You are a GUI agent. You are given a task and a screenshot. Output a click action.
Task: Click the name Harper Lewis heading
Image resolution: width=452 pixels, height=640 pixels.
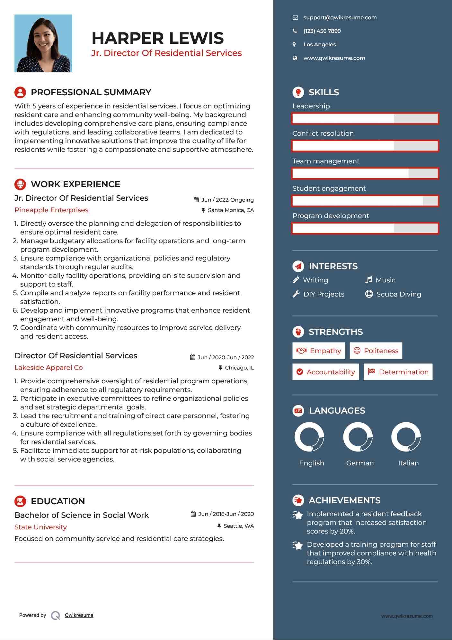(x=157, y=38)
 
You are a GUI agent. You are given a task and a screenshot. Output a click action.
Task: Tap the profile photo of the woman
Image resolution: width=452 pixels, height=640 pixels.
(x=43, y=43)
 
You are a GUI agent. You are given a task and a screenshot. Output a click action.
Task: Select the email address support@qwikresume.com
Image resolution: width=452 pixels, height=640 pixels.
(x=340, y=18)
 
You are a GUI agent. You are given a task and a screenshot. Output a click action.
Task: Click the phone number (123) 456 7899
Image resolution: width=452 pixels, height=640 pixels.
(x=322, y=31)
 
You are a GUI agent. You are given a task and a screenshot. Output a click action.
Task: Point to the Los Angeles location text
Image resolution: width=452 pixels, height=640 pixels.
(x=319, y=45)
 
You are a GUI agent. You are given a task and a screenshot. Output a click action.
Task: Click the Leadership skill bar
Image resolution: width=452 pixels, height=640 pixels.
(x=365, y=119)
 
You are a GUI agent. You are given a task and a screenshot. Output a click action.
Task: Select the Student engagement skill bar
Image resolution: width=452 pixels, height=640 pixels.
(x=365, y=201)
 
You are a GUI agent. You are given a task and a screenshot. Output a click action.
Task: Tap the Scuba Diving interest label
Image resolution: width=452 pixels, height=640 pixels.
(x=398, y=294)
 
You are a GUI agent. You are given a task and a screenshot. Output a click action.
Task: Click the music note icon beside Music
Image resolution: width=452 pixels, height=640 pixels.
(x=369, y=280)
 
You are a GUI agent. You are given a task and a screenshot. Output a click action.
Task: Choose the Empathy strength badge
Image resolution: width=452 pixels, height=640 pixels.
(x=318, y=351)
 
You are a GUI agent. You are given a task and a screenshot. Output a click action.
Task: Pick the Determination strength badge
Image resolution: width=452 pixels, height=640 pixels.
(x=398, y=372)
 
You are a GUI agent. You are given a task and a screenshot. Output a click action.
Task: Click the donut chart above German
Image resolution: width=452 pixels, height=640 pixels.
(x=358, y=437)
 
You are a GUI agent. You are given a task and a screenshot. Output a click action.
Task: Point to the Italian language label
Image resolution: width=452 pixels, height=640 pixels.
(x=408, y=463)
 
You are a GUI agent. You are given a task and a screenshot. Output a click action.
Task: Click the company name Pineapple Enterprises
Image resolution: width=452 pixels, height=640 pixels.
(x=51, y=210)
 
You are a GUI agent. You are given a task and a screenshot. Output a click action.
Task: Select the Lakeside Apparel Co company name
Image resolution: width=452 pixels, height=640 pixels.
(x=49, y=368)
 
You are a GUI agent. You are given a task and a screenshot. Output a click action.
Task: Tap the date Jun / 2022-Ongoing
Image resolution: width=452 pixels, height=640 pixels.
(x=227, y=200)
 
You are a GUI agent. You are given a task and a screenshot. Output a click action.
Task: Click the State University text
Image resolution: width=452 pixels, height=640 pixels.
(x=40, y=527)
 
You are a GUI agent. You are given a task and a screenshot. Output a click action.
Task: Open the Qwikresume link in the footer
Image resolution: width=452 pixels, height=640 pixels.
(x=79, y=615)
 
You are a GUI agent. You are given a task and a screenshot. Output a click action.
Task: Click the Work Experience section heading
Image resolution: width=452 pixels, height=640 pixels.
(x=75, y=184)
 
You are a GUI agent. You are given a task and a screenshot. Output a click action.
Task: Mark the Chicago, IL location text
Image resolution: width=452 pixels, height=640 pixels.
(x=239, y=368)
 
